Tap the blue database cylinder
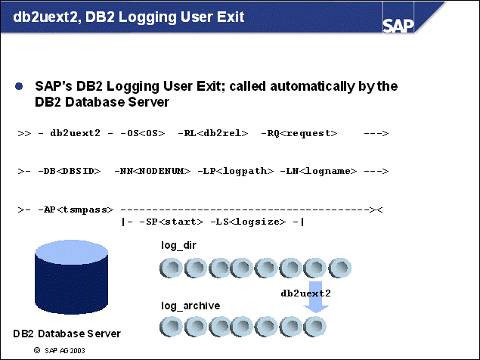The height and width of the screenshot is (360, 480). [x=67, y=280]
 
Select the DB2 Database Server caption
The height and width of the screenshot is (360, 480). [x=67, y=334]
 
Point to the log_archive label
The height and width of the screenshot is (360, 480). [x=190, y=305]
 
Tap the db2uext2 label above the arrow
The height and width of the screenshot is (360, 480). [x=306, y=291]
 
